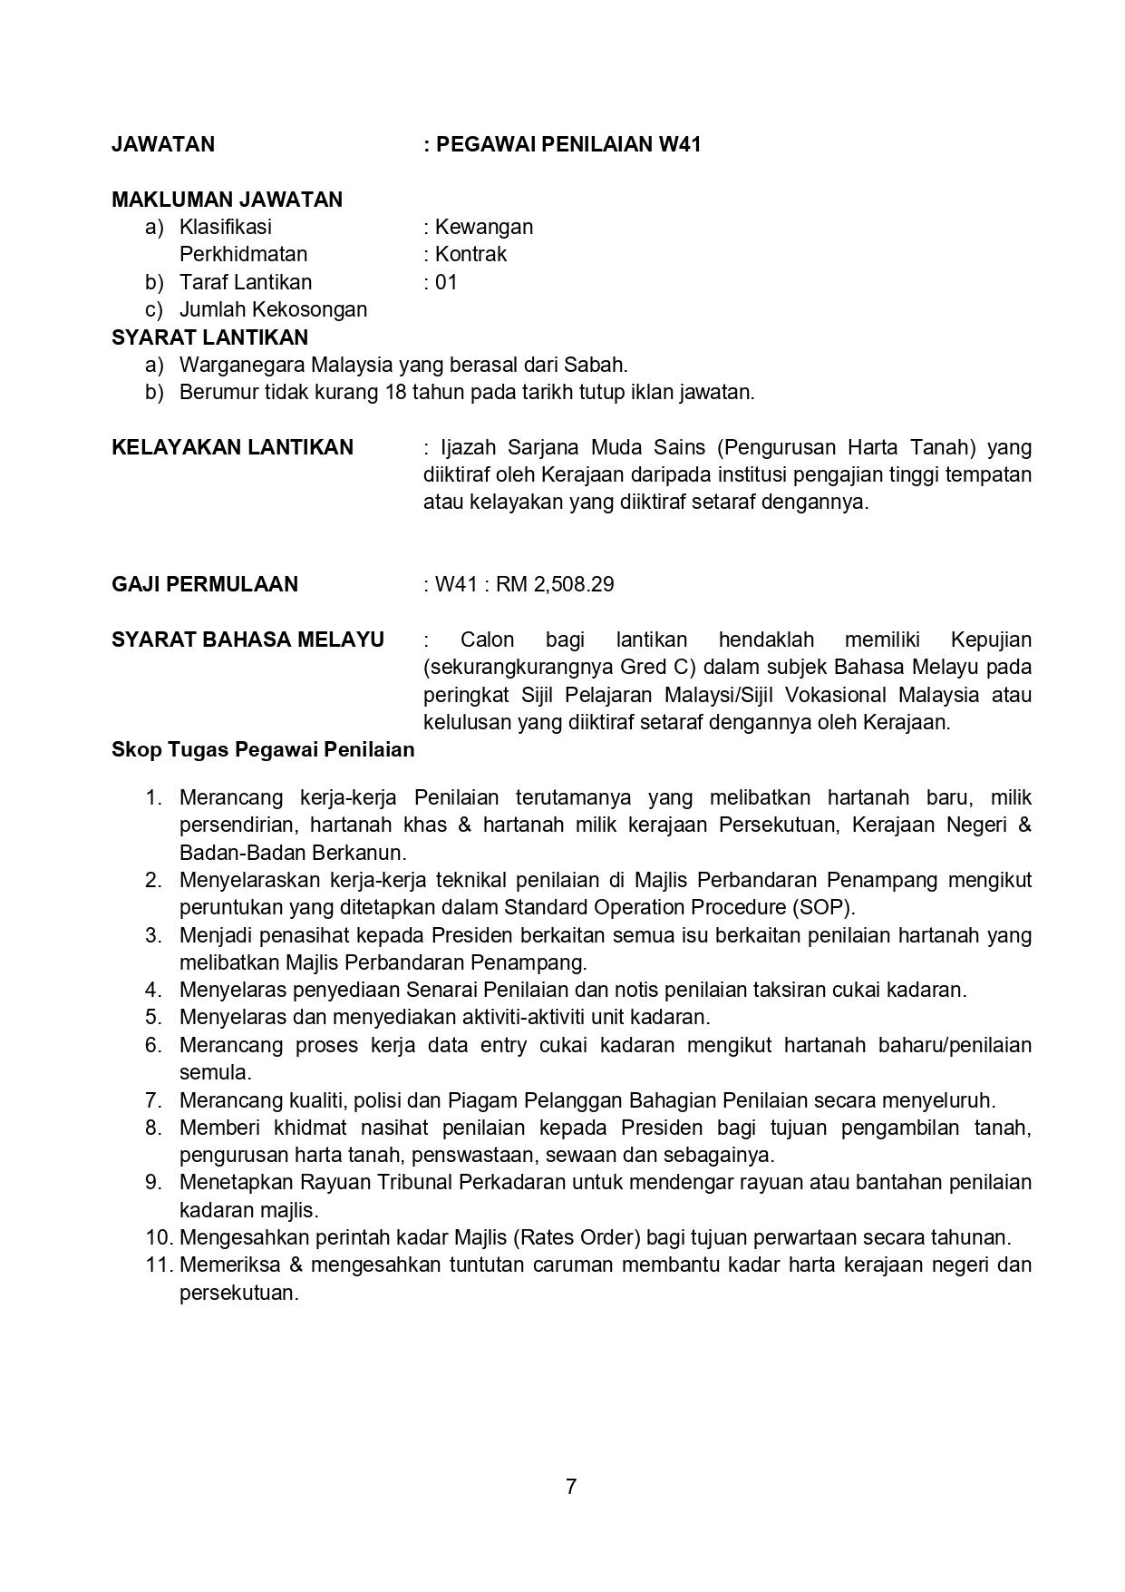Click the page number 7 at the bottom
[571, 1487]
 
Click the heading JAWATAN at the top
[163, 144]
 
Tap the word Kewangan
[484, 227]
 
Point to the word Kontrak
[470, 254]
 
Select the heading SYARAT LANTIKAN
[209, 337]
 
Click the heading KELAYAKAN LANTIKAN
[232, 447]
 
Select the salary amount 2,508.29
[574, 584]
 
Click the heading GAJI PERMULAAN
[205, 584]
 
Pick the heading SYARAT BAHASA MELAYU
[247, 640]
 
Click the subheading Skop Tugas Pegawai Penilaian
[263, 750]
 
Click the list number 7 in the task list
[153, 1100]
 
